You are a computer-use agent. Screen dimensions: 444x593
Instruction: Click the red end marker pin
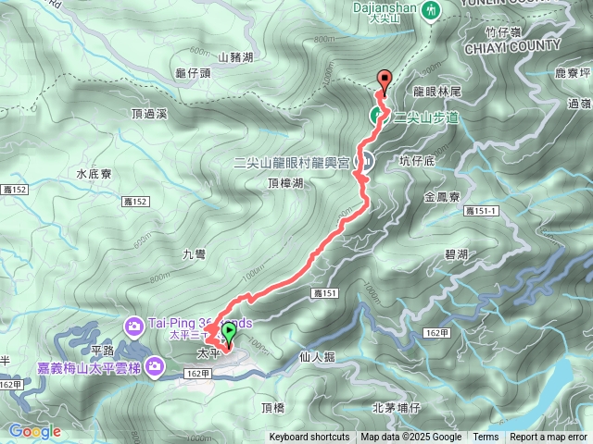pos(384,80)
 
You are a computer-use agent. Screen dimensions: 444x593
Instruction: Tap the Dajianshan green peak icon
pos(431,11)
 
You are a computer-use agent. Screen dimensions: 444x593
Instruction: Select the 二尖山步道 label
pos(427,117)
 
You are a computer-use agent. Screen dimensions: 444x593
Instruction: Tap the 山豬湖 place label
pos(235,56)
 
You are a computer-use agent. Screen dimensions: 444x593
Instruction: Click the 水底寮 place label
pos(94,173)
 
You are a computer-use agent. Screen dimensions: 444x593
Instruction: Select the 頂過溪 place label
pos(148,114)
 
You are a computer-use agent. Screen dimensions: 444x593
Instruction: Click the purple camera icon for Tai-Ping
pos(134,325)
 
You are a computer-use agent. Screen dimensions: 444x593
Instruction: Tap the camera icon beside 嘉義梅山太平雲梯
pos(157,367)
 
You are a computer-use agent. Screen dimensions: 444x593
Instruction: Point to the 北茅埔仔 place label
pos(396,407)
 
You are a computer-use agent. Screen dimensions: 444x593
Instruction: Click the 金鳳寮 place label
pos(442,197)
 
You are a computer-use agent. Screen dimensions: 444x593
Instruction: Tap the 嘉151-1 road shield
pos(482,211)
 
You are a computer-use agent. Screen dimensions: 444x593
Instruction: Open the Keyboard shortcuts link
pos(309,438)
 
